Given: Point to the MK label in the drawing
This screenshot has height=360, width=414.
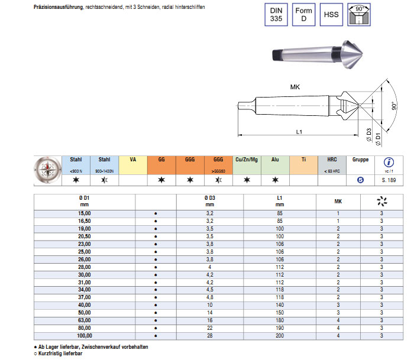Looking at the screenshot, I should click(x=295, y=86).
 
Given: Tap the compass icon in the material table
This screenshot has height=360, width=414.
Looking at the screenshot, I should click(x=47, y=169).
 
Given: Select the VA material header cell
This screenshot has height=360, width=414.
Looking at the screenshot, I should click(x=133, y=160).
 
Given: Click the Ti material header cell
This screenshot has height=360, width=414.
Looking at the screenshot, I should click(x=303, y=160).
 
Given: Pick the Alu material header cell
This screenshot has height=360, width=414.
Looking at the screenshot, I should click(x=275, y=160).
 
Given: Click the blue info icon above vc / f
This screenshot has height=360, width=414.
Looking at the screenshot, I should click(x=389, y=161).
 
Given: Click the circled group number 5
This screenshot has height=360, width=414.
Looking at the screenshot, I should click(x=360, y=179).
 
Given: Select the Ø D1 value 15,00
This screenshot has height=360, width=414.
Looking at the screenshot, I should click(x=85, y=213).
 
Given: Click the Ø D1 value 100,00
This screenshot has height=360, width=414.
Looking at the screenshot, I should click(x=85, y=336).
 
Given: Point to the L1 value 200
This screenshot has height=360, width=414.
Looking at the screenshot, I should click(x=280, y=336).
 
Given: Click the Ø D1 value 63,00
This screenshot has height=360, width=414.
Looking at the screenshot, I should click(x=85, y=320).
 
